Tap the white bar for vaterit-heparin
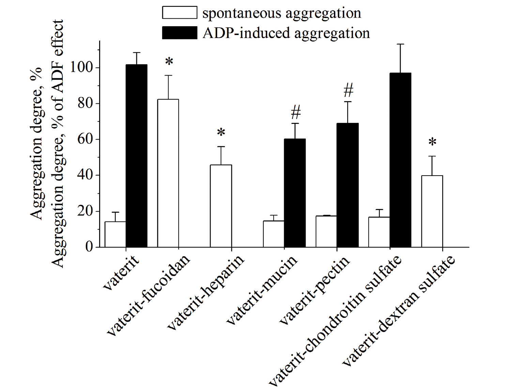[x=221, y=206]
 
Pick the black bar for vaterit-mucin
[x=295, y=193]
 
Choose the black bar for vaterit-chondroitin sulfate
[x=400, y=160]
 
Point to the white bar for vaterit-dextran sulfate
[x=432, y=211]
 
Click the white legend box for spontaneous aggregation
[x=180, y=12]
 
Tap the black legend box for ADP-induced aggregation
[x=180, y=32]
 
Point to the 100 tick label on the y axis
[x=81, y=68]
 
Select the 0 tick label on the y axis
[x=89, y=247]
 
